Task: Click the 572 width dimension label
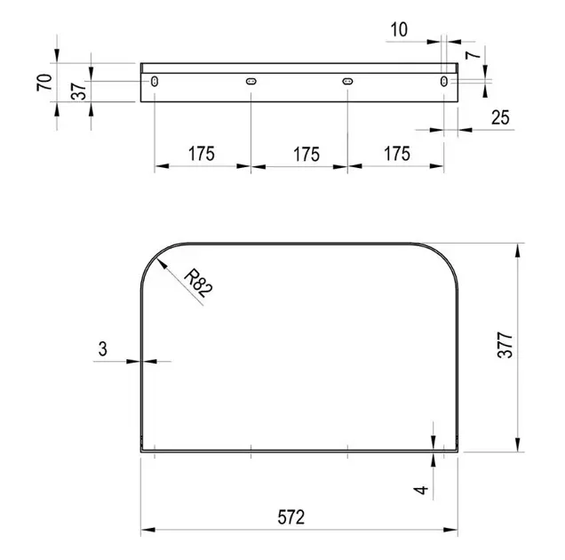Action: [x=291, y=516]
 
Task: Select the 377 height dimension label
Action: [x=505, y=345]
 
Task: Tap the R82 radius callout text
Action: [x=198, y=284]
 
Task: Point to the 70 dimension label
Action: [x=44, y=83]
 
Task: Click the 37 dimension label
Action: [x=79, y=91]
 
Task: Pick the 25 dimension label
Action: [x=500, y=117]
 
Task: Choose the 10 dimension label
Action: [x=399, y=29]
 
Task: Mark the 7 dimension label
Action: [x=473, y=55]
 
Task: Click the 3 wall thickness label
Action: [x=103, y=349]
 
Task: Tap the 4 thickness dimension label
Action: [x=421, y=490]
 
